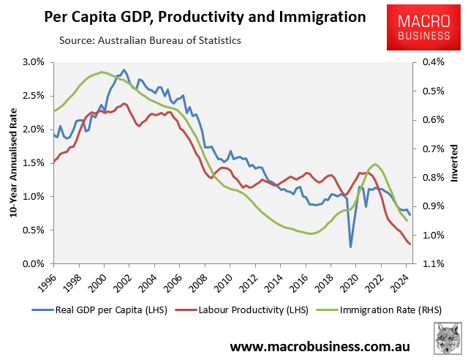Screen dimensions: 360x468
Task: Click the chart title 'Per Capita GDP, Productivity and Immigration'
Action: click(x=195, y=16)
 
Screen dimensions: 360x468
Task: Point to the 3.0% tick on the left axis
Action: click(x=34, y=62)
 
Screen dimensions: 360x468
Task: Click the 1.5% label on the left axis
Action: click(x=34, y=163)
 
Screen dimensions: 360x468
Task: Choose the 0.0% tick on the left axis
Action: click(x=34, y=263)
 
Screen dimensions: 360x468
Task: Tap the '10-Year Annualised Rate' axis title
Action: click(x=11, y=162)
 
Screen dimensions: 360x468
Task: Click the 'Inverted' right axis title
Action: click(x=454, y=163)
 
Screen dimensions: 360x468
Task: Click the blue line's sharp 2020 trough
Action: click(x=350, y=247)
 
